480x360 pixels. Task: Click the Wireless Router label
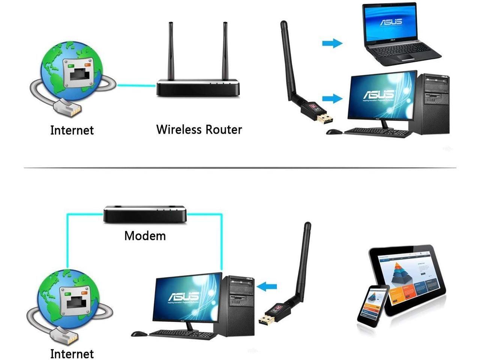point(199,129)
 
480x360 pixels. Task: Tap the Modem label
point(145,236)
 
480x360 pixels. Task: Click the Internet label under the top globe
point(72,130)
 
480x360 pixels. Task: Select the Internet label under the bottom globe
point(72,354)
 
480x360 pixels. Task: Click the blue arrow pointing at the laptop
point(332,43)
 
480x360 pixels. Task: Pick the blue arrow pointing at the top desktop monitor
point(332,99)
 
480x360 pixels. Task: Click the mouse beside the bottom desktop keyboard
point(139,333)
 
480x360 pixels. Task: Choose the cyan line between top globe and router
point(136,85)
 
